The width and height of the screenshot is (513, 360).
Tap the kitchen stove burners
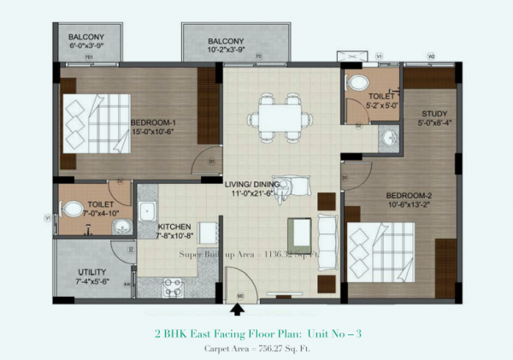174,286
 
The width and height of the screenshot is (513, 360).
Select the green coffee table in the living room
298,231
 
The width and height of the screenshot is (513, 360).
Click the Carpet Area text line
256,349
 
